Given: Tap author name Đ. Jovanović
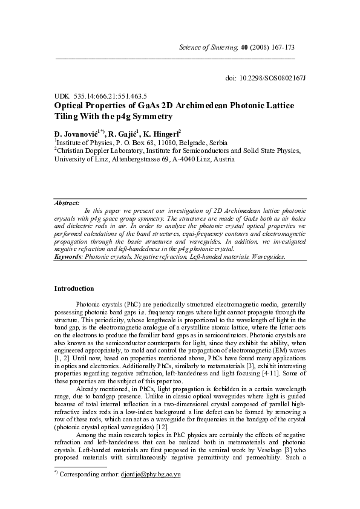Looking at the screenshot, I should (x=75, y=132).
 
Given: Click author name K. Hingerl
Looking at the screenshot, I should (x=162, y=132).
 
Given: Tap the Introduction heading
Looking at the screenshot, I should (x=74, y=288).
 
